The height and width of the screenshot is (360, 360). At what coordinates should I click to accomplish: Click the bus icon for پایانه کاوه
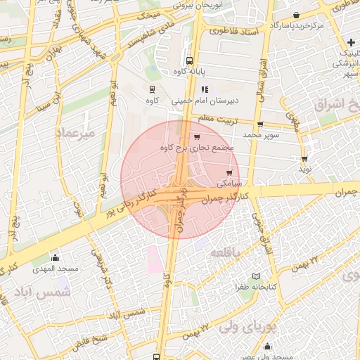click(x=188, y=61)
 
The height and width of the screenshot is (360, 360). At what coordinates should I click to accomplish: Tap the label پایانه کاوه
click(x=188, y=72)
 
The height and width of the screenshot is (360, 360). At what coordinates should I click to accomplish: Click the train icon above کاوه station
click(x=153, y=89)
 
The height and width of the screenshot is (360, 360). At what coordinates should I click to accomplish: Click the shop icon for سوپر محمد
click(x=260, y=124)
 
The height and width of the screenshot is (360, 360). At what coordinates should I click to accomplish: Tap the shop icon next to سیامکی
click(x=229, y=172)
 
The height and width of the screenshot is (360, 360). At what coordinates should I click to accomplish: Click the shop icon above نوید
click(x=304, y=159)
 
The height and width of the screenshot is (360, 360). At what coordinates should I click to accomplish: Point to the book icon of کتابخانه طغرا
click(x=256, y=276)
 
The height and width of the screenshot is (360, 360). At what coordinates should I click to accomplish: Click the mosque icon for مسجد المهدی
click(x=55, y=258)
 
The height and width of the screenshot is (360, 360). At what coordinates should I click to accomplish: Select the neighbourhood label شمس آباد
click(x=44, y=292)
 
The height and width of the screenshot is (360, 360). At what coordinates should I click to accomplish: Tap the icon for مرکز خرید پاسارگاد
click(x=296, y=15)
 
